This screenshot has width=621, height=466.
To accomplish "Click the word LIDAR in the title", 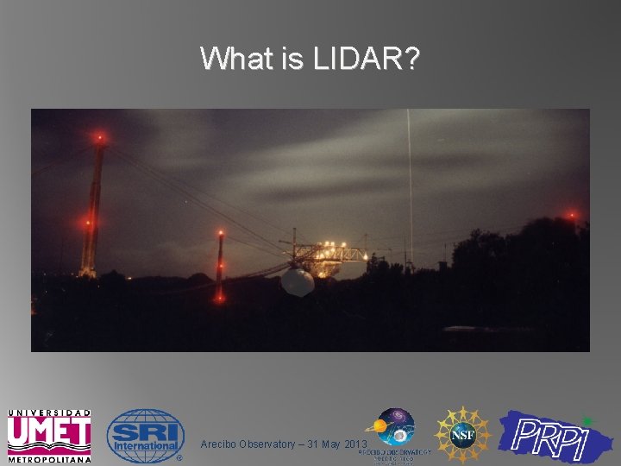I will [x=367, y=59].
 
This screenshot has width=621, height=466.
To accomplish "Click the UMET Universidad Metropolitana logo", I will [x=49, y=434].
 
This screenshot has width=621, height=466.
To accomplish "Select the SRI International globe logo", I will [x=144, y=435].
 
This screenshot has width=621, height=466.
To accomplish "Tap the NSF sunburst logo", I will [x=461, y=435].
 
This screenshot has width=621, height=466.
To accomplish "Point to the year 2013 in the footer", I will [x=355, y=444].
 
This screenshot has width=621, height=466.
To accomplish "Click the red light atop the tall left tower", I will [x=100, y=137].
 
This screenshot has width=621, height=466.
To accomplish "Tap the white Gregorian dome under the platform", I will [x=298, y=281].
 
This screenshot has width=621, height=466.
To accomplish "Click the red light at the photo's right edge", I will [x=571, y=215].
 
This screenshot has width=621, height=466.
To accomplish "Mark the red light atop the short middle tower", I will [x=221, y=233].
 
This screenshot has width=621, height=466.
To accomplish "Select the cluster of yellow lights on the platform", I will [x=325, y=252].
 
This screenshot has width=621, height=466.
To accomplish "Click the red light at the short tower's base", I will [x=220, y=298].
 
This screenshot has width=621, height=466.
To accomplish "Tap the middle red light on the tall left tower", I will [x=87, y=223].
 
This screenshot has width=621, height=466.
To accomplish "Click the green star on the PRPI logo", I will [x=587, y=420].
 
